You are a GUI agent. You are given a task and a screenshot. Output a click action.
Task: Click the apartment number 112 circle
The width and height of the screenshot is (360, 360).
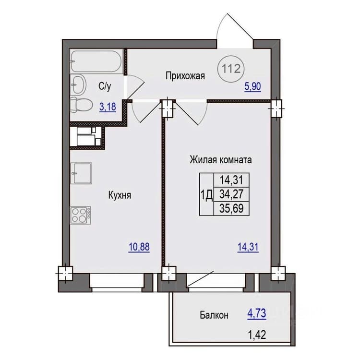(x=230, y=69)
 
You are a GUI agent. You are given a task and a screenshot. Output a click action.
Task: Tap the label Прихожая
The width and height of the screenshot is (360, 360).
(x=185, y=76)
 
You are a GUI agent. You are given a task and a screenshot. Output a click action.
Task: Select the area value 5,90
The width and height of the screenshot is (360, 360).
(x=252, y=87)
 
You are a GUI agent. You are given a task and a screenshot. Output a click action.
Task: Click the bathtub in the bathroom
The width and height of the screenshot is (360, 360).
(x=96, y=61)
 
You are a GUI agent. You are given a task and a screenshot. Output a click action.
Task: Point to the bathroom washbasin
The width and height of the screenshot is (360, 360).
(x=78, y=84)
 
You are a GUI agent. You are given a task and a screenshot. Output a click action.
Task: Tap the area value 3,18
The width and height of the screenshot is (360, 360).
(x=108, y=107)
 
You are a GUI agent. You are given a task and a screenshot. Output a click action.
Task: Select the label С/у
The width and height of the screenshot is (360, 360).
(x=105, y=86)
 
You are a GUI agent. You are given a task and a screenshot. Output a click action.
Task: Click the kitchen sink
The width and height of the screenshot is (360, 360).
(x=81, y=173)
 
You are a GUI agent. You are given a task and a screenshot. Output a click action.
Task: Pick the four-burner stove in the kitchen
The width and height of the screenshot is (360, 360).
(x=81, y=215)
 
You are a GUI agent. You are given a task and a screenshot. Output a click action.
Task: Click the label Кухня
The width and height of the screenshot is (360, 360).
(x=120, y=195)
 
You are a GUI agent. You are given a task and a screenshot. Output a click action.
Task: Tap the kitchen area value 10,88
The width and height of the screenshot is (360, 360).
(x=139, y=247)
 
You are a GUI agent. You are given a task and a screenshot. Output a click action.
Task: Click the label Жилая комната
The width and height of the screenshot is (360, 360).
(x=221, y=160)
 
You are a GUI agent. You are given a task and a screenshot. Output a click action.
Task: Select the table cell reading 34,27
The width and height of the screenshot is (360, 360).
(x=231, y=194)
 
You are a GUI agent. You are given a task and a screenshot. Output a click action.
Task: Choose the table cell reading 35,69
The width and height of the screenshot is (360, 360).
(x=231, y=208)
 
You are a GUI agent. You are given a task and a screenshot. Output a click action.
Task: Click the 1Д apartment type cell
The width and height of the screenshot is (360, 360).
(x=206, y=195)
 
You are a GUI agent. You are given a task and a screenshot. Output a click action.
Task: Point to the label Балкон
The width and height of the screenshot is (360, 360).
(x=214, y=315)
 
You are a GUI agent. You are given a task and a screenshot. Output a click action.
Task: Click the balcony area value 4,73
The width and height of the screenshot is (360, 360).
(x=257, y=313)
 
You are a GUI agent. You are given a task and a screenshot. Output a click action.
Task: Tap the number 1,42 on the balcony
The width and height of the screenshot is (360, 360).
(x=257, y=335)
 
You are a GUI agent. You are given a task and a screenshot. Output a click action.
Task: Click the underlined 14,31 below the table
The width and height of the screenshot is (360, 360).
(x=248, y=247)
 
